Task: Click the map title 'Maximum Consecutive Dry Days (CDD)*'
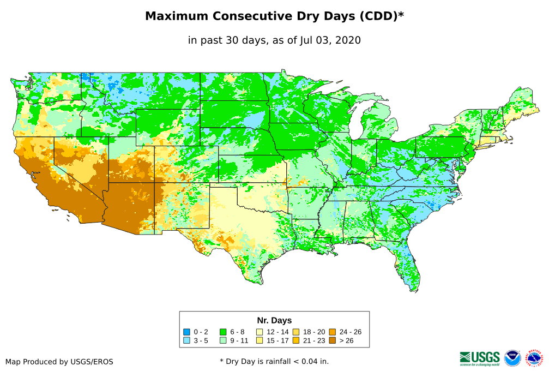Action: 274,16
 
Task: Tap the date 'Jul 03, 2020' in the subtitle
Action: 330,40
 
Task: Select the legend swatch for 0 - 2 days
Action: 187,332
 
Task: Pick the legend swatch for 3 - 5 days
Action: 187,340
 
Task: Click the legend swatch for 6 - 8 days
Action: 223,332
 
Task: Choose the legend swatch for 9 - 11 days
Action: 223,340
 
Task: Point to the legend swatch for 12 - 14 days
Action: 260,332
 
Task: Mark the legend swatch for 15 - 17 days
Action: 260,340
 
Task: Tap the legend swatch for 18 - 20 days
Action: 296,332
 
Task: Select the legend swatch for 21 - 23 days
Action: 296,340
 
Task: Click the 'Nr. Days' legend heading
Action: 274,320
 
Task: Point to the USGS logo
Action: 480,358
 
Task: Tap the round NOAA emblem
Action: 512,358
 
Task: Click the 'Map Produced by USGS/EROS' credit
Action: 59,362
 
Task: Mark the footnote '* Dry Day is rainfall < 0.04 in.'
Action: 274,361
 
